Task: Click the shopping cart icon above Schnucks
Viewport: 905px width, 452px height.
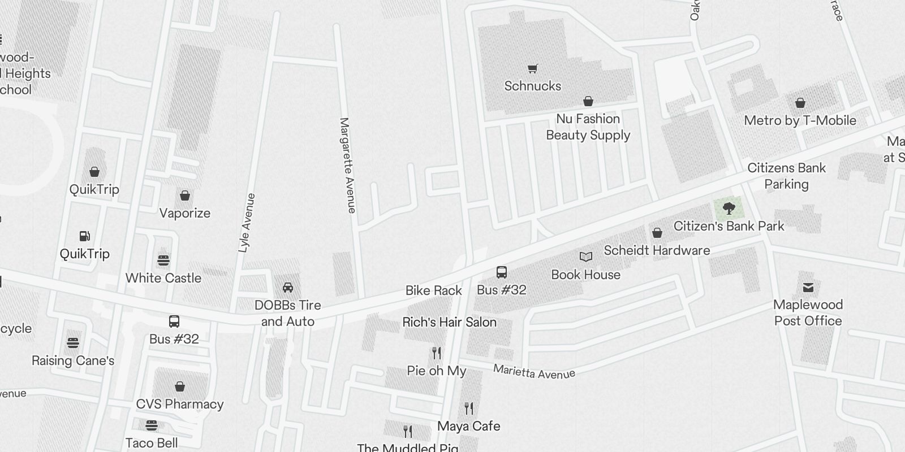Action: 532,69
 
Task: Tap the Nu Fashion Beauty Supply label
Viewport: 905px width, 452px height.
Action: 588,127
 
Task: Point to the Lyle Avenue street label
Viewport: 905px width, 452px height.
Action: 247,223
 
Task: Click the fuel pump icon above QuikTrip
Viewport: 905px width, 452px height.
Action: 84,236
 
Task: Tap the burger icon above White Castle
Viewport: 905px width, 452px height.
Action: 163,260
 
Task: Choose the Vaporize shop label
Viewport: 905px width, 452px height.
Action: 184,213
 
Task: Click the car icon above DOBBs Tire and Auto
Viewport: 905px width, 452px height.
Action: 288,288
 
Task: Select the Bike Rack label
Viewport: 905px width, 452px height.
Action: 434,290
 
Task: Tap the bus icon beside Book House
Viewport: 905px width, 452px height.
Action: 501,272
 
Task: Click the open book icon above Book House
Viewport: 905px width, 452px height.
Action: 586,257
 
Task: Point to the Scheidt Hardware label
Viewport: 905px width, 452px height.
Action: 657,250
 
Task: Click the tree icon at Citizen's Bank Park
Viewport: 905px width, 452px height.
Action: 729,208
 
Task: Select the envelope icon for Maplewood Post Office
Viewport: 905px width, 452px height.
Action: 808,288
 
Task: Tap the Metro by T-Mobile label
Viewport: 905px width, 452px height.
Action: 800,120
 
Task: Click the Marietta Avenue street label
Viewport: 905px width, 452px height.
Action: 534,372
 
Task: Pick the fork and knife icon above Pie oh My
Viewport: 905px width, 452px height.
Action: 436,353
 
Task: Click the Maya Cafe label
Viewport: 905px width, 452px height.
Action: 469,426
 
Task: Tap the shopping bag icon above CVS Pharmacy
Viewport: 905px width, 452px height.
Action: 179,386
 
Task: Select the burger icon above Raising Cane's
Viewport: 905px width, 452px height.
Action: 73,342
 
